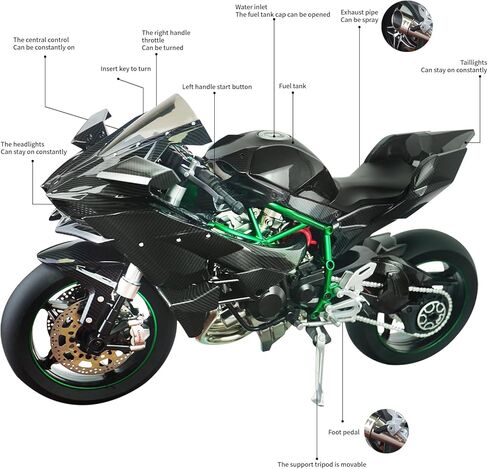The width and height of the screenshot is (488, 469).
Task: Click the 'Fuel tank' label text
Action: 292,86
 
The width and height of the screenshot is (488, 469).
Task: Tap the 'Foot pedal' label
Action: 344,432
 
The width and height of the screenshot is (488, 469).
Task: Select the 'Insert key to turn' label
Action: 126,69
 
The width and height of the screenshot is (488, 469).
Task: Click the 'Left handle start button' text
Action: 217,87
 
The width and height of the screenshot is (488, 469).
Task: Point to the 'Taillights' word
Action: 473,63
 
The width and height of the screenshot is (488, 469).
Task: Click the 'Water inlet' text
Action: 251,7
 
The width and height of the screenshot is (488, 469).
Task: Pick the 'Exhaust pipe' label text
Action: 359,13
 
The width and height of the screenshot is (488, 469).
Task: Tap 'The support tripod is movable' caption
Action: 322,464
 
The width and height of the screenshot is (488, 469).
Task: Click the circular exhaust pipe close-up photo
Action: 407,26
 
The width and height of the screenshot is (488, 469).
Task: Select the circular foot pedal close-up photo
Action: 387,431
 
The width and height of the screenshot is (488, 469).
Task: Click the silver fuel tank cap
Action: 273,135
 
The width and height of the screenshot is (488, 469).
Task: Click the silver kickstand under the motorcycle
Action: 317,363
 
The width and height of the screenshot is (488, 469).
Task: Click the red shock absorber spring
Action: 309,235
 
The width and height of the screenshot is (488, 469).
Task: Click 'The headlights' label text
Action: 22,144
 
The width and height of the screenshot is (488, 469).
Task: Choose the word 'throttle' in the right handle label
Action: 153,40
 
